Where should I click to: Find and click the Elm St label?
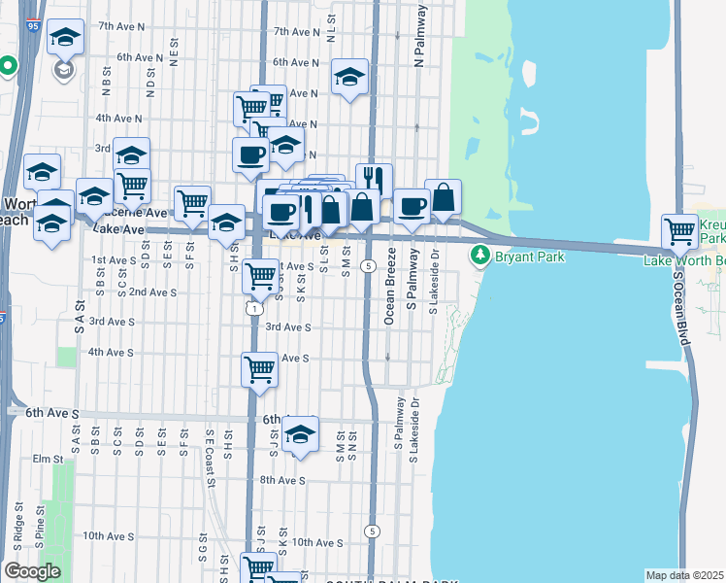47,459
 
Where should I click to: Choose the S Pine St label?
39,522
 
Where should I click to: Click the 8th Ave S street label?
281,480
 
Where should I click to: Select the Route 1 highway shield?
252,308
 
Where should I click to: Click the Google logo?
32,571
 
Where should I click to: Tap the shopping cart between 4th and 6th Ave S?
259,368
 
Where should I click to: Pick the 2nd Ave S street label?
151,291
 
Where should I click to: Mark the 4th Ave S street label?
111,352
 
